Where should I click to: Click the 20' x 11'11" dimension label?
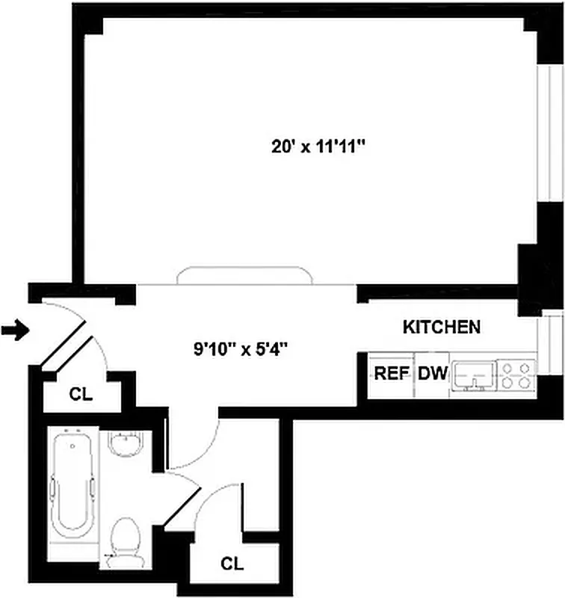coord(318,147)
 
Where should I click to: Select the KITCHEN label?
coord(441,327)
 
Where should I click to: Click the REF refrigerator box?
coord(389,372)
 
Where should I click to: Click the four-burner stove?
coord(516,373)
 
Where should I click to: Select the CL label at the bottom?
coord(232,564)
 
